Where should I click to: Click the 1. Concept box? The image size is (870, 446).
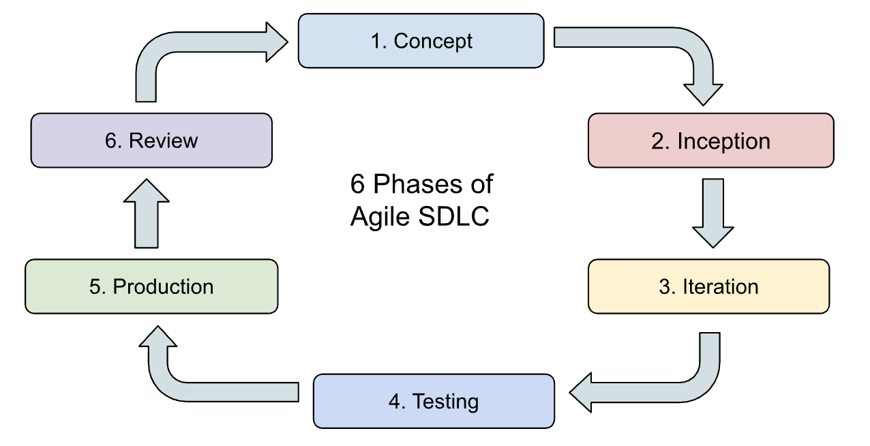pos(421,41)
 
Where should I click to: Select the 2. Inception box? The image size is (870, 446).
pos(710,140)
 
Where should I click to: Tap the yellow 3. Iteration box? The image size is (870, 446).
pos(708,286)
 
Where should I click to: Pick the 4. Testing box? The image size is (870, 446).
pos(433,401)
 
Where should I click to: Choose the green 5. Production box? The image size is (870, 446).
pos(151,286)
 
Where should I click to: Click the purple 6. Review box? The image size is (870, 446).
pos(151,140)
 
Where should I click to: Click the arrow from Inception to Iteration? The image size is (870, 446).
pos(712,211)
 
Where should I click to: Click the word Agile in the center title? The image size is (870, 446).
pos(378,217)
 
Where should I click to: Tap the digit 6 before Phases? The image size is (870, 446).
pos(357,184)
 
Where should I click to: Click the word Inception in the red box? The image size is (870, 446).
pos(723,140)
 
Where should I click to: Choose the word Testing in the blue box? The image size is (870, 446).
pos(445,401)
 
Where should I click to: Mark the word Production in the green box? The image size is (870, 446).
pos(163,286)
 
